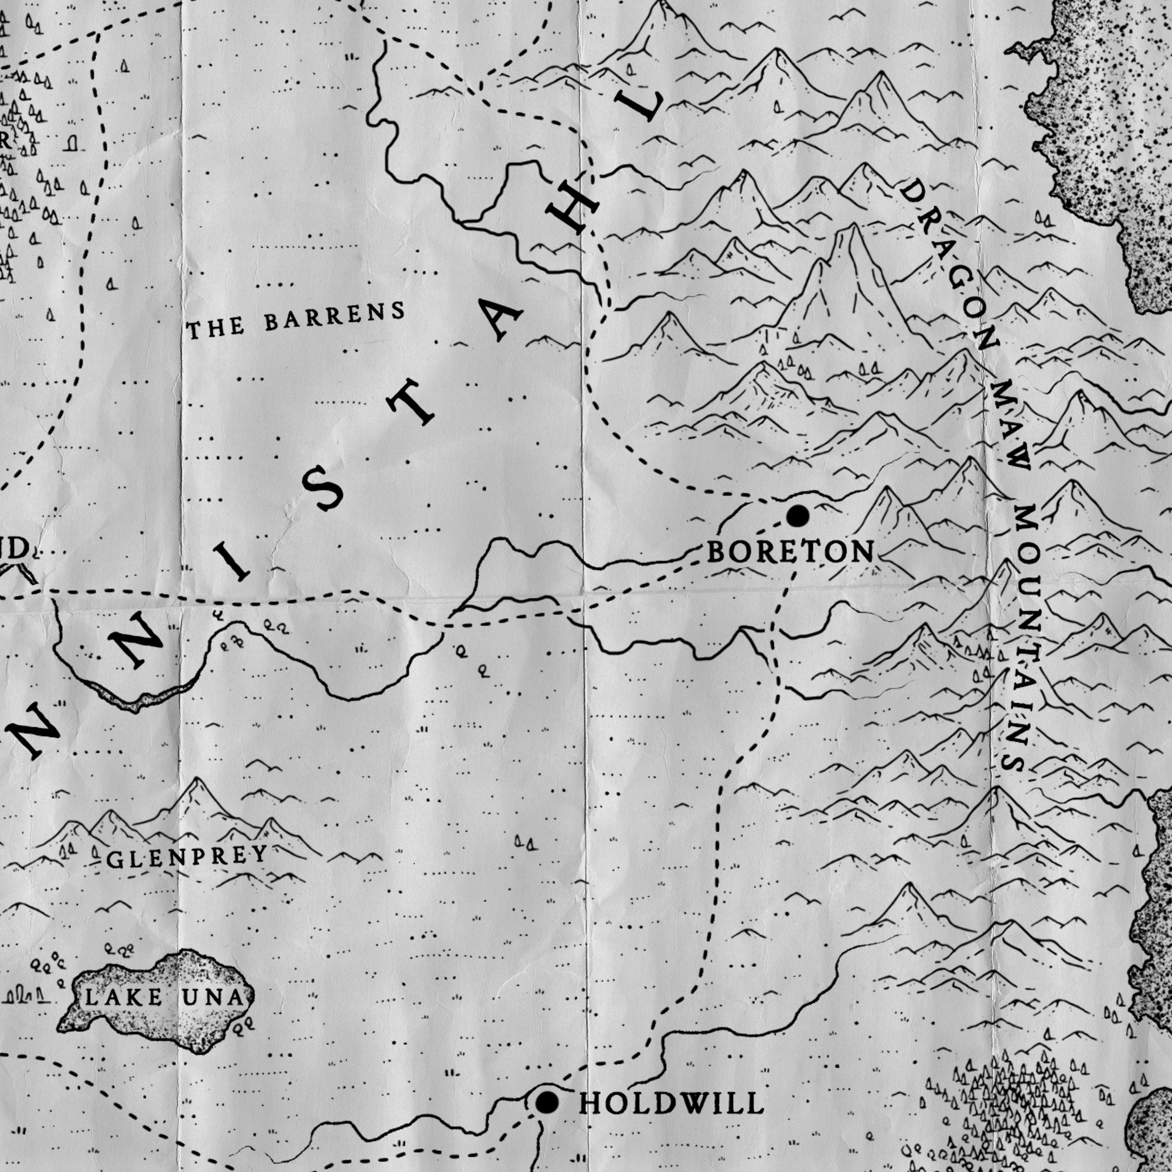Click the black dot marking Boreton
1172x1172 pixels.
click(798, 516)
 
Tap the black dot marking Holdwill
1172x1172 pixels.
click(547, 1102)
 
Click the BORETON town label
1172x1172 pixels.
click(791, 552)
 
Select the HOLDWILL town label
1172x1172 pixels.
click(672, 1103)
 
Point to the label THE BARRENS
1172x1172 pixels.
click(295, 321)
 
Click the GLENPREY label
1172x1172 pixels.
click(187, 857)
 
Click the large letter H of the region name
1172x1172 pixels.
click(571, 209)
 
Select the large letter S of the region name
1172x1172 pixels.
click(323, 489)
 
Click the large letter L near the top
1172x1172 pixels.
click(646, 107)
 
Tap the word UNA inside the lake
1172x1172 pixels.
click(213, 998)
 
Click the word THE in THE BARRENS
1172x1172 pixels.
click(215, 328)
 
